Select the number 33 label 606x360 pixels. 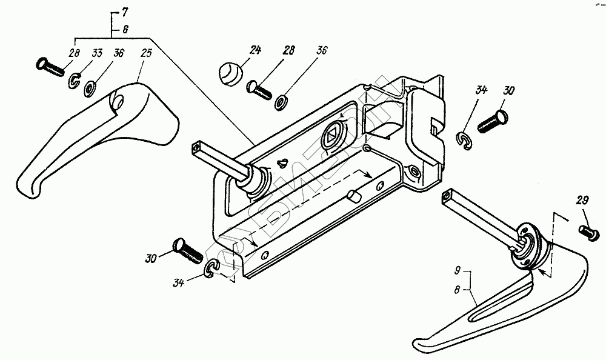click(x=96, y=53)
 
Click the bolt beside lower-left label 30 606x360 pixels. click(x=188, y=250)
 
